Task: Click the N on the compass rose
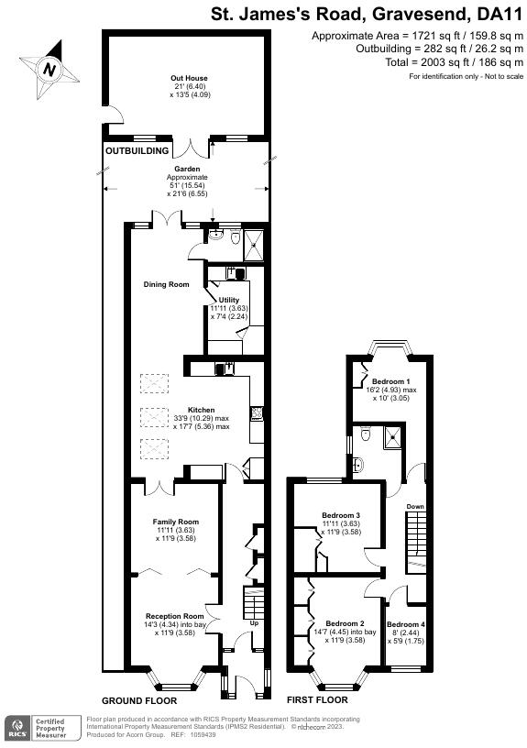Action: [49, 70]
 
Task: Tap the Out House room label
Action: [190, 78]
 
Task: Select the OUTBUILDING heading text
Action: [137, 150]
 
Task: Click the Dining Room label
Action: [167, 284]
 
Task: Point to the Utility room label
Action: [229, 300]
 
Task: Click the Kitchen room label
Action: [202, 410]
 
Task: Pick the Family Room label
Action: [175, 522]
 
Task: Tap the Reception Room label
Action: [175, 616]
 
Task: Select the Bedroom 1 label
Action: [391, 381]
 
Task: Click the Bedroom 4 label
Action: [406, 624]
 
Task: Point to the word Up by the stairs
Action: [254, 623]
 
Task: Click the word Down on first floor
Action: [415, 506]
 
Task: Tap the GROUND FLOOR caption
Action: [139, 700]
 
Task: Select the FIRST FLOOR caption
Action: [317, 699]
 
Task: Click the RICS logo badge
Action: [16, 728]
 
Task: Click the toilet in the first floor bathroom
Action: [367, 434]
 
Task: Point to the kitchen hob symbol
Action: [257, 412]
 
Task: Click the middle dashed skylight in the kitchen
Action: [154, 417]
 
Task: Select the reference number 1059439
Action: [203, 734]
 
